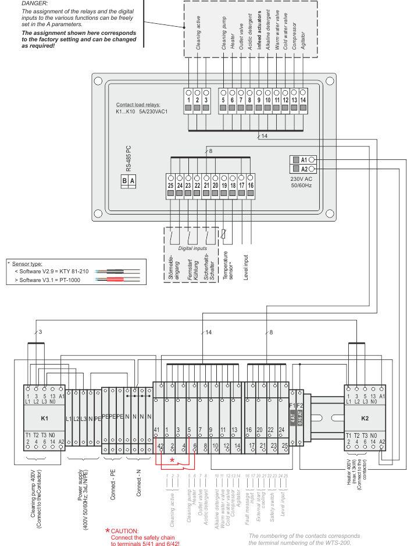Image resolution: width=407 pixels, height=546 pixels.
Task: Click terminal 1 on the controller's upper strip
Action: click(189, 100)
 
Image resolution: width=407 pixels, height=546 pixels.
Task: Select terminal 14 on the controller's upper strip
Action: click(303, 100)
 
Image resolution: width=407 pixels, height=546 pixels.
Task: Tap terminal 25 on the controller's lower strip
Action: click(170, 185)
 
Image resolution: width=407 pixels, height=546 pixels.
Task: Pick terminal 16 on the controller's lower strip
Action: click(250, 185)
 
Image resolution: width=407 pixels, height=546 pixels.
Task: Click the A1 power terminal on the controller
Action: click(304, 159)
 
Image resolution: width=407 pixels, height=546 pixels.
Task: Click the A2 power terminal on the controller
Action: click(304, 169)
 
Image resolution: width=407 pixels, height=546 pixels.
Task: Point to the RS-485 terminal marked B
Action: click(124, 181)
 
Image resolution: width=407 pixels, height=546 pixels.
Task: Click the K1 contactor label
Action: click(44, 418)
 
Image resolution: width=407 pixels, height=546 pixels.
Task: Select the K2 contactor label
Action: click(365, 418)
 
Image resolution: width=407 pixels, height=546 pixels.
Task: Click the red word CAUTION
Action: click(124, 530)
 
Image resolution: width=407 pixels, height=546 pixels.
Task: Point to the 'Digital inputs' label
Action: click(192, 248)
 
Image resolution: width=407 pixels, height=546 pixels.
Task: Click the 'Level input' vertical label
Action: click(246, 268)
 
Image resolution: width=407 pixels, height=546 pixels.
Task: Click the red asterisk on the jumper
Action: click(172, 460)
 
